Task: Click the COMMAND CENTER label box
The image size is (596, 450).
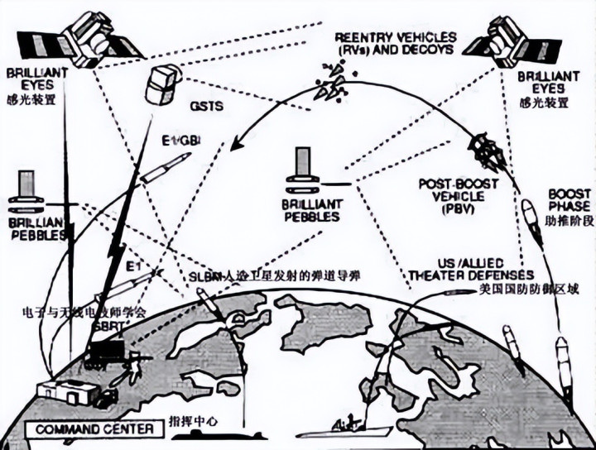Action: click(x=83, y=429)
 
